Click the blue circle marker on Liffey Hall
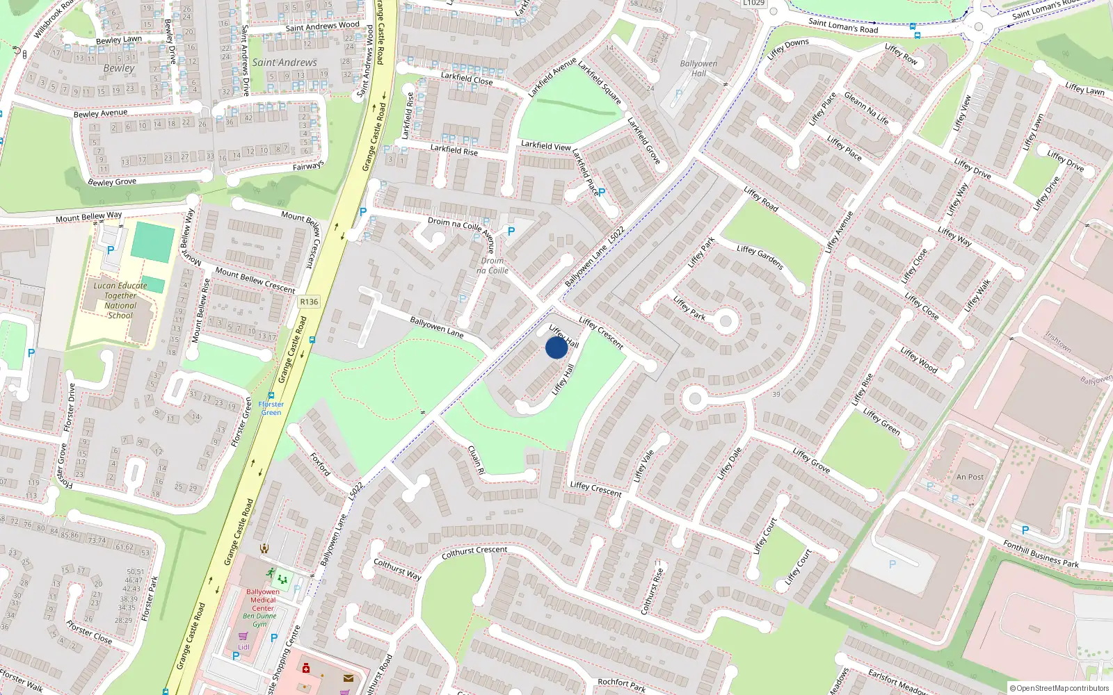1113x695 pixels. point(556,347)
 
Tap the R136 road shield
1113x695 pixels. point(309,302)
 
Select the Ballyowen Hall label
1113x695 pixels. point(698,68)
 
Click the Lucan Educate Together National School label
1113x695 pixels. point(120,300)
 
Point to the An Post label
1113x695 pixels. point(970,477)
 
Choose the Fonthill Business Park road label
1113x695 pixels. point(1041,555)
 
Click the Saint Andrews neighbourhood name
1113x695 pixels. point(285,63)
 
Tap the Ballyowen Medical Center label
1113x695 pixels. point(263,600)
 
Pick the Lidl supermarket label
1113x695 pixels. point(243,647)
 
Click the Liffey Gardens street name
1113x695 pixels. point(760,258)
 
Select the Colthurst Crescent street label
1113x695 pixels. point(474,553)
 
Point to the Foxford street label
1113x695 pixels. point(321,464)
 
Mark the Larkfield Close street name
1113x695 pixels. point(466,79)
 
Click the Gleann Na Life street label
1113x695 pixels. point(866,108)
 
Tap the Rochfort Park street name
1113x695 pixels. point(621,685)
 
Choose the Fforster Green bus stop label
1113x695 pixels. point(271,408)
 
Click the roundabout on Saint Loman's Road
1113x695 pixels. point(979,26)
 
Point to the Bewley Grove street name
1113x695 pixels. point(112,182)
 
